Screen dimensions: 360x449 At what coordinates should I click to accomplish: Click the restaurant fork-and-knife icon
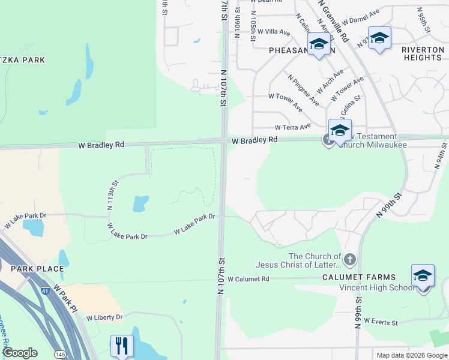point(120,345)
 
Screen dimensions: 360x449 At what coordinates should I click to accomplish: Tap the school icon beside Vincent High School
point(423,276)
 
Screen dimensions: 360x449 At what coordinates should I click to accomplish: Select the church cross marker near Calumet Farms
point(349,260)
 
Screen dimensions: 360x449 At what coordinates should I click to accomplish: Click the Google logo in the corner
point(20,353)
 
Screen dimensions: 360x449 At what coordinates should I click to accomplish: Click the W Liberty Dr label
point(104,317)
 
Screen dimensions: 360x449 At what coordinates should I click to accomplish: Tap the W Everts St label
point(381,322)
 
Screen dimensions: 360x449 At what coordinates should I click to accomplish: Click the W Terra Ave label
point(293,127)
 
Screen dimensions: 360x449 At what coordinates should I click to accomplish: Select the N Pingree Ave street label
point(303,90)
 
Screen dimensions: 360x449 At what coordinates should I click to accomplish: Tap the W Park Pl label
point(66,298)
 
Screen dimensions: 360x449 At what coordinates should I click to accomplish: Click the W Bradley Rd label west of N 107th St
point(101,145)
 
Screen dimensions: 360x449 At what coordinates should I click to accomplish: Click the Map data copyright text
point(412,355)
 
